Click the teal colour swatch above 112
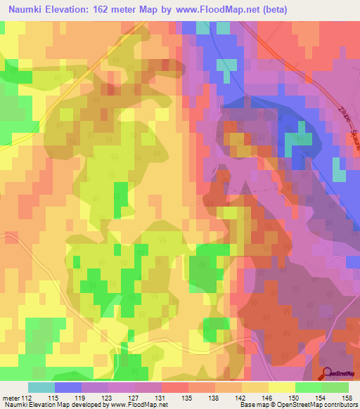(x=41, y=387)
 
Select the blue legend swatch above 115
(x=68, y=387)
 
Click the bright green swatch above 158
(x=335, y=387)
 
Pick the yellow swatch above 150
(x=282, y=387)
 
